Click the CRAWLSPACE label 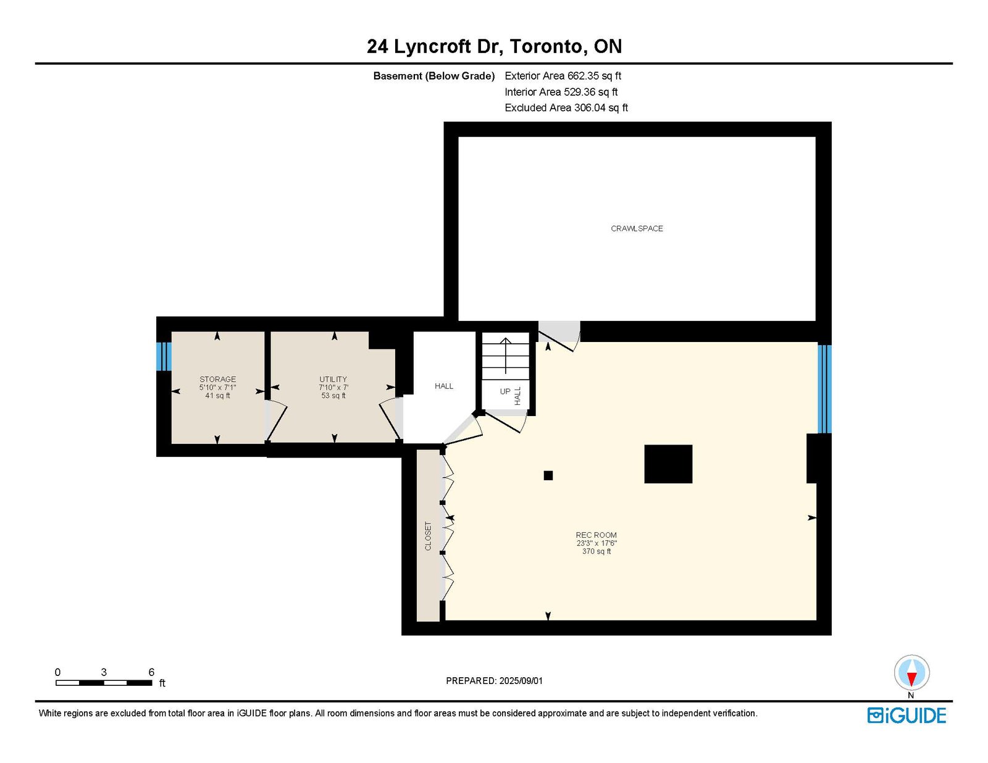point(637,228)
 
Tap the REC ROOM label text point(596,535)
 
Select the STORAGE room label point(218,379)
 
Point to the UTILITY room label point(333,379)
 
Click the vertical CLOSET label point(428,536)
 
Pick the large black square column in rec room point(668,464)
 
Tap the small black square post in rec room point(548,475)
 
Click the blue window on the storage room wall point(164,356)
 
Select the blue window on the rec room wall point(825,389)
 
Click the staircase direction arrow point(506,356)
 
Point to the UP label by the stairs point(505,391)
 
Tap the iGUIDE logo point(906,715)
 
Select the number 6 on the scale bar point(151,672)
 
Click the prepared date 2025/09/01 point(521,681)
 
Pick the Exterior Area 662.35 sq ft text point(563,76)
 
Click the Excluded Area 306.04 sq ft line point(566,107)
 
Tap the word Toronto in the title point(546,46)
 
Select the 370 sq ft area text point(597,551)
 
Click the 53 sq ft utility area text point(333,395)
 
